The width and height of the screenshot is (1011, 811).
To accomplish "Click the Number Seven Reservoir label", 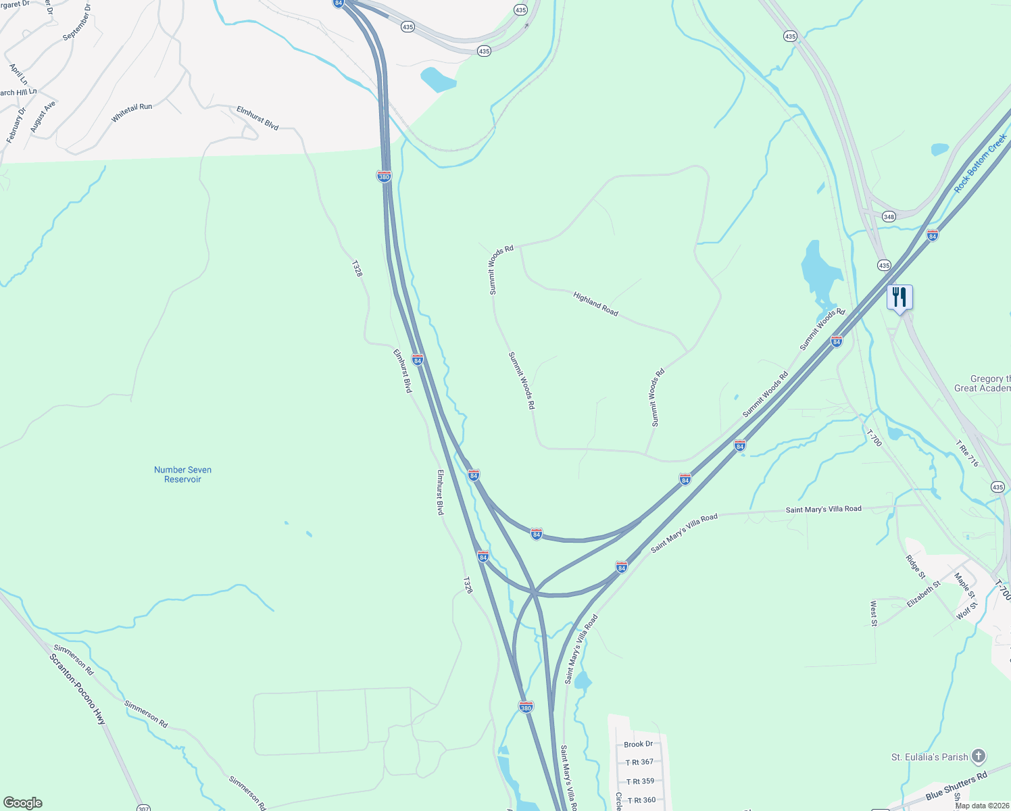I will click(182, 474).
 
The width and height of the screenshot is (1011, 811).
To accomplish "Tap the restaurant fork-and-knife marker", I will click(899, 297).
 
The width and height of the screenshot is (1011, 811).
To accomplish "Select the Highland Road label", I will click(595, 303).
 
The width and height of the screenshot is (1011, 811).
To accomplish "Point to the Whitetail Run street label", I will click(132, 112).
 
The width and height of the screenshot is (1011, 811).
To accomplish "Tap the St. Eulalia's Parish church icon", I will click(979, 756).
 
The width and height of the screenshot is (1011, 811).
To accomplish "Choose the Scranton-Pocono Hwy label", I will click(78, 689).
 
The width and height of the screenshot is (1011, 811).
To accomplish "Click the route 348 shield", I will click(889, 217).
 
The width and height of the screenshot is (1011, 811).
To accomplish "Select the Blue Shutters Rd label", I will click(956, 785).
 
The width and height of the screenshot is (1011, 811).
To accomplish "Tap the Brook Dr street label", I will click(638, 744).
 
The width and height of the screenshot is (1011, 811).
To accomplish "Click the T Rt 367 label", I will click(639, 762).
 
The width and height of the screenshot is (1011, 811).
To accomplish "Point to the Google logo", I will click(23, 803).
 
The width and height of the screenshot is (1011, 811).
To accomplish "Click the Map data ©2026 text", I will click(982, 806).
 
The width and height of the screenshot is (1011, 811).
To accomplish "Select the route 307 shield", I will click(143, 808).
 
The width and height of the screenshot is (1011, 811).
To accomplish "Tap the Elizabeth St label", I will click(923, 595).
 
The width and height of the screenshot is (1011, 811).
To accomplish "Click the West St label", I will click(873, 613).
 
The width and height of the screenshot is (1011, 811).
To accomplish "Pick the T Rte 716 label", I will click(967, 453).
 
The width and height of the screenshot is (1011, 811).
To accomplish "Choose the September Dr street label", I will click(76, 22).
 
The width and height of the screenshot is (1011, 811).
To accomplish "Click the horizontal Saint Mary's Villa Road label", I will click(823, 509).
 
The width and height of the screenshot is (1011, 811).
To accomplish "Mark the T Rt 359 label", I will click(639, 781).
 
